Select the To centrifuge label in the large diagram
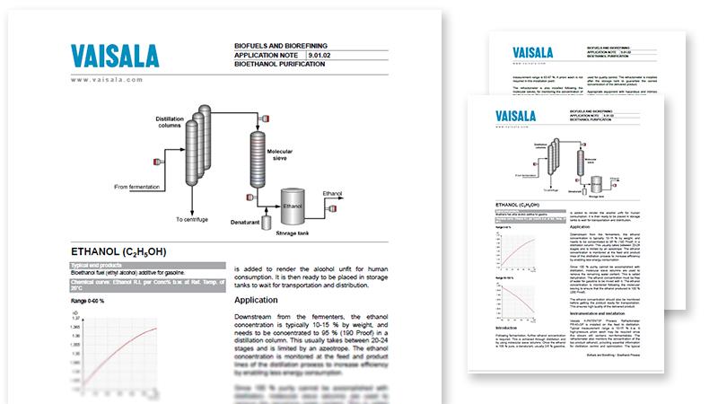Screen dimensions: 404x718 click(x=193, y=218)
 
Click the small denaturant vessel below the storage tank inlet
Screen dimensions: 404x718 click(x=267, y=221)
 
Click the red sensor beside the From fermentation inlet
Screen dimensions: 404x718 click(x=158, y=162)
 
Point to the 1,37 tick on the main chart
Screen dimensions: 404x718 click(x=76, y=319)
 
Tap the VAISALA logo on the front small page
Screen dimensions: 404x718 click(x=517, y=114)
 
